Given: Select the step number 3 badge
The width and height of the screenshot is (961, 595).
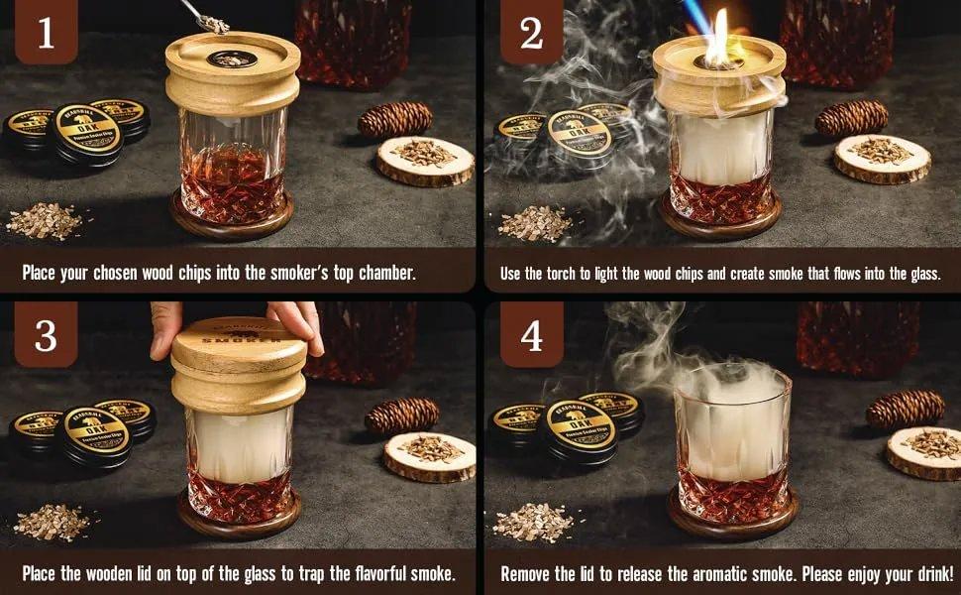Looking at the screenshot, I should (x=45, y=336).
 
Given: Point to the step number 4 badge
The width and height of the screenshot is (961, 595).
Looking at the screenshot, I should (x=531, y=336).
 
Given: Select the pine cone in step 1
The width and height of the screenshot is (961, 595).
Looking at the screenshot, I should (x=394, y=119).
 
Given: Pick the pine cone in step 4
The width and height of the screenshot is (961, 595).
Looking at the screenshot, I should (x=904, y=409).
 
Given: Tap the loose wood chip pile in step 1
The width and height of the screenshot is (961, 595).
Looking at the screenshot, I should (x=45, y=220).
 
